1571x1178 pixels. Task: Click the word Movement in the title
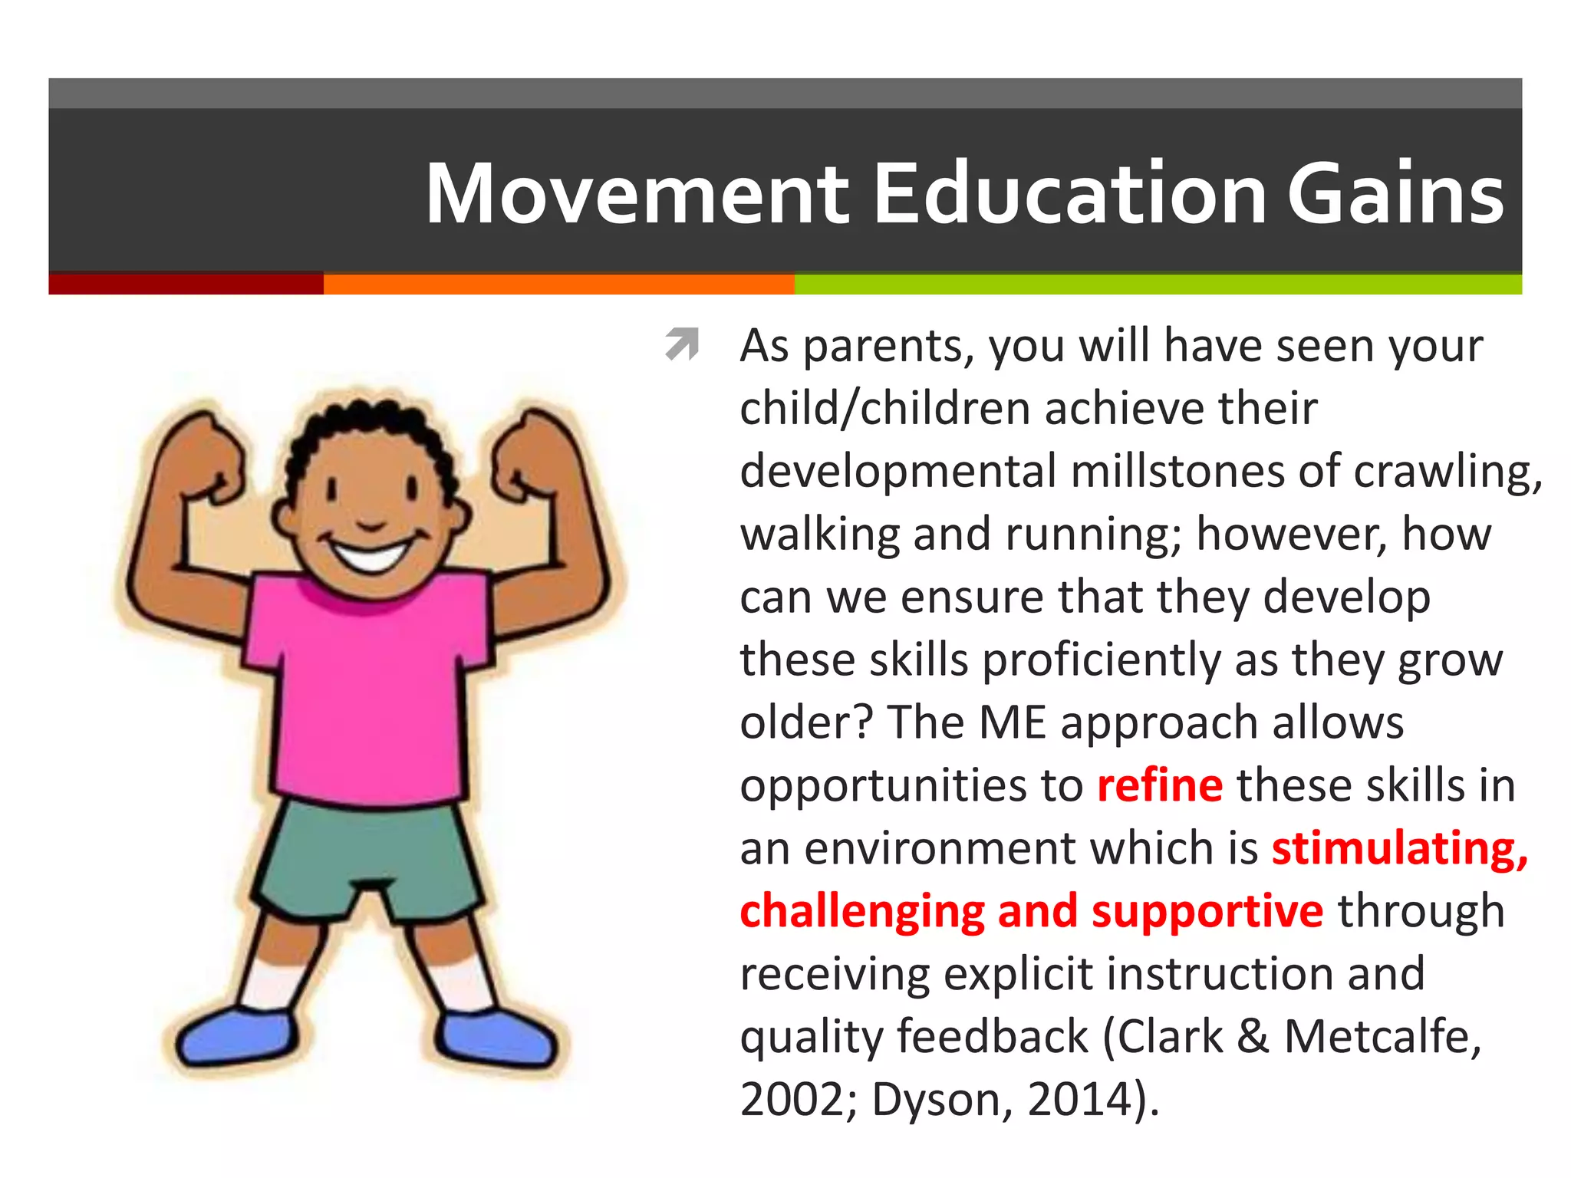click(x=637, y=193)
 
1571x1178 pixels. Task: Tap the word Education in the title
click(x=1069, y=193)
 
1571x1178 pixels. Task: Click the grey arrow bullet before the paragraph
click(x=682, y=343)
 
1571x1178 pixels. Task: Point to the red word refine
click(x=1159, y=785)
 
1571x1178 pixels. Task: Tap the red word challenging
click(x=861, y=911)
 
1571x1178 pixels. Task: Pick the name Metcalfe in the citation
click(x=1382, y=1037)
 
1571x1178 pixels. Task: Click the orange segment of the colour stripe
click(x=558, y=284)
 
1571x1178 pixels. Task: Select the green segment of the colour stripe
click(x=1158, y=284)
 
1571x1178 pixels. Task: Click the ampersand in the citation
click(x=1253, y=1037)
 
